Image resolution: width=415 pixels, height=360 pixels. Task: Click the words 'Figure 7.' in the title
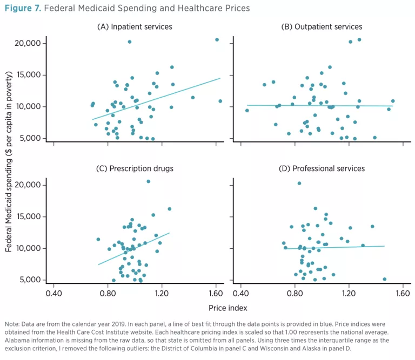pyautogui.click(x=22, y=9)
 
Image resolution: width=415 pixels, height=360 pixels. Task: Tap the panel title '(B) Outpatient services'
pyautogui.click(x=322, y=27)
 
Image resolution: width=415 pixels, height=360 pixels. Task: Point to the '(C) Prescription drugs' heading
pyautogui.click(x=135, y=168)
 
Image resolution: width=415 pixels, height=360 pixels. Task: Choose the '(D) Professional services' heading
pyautogui.click(x=322, y=168)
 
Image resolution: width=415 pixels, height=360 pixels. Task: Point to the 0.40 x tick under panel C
pyautogui.click(x=54, y=294)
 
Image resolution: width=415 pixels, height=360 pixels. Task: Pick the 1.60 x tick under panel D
pyautogui.click(x=403, y=294)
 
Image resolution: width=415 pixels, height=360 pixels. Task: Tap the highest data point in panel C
pyautogui.click(x=149, y=181)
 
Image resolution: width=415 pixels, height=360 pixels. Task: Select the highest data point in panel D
pyautogui.click(x=299, y=184)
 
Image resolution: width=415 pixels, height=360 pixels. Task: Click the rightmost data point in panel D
pyautogui.click(x=384, y=279)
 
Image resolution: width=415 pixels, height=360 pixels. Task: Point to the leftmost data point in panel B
pyautogui.click(x=247, y=111)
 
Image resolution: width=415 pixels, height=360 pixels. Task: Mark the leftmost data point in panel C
pyautogui.click(x=98, y=239)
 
